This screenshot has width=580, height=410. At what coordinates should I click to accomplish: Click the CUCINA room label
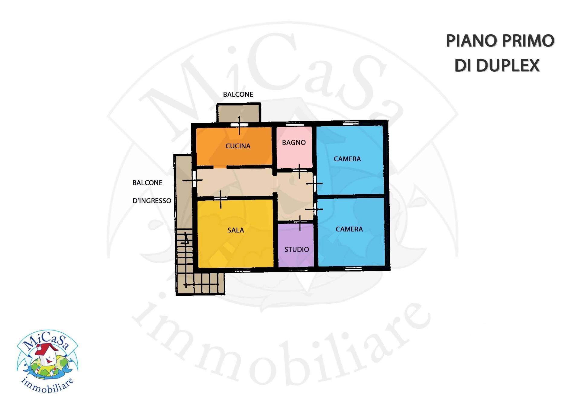point(238,146)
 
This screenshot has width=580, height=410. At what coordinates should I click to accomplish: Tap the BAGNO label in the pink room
point(294,143)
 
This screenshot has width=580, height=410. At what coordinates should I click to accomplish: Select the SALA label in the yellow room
point(236,230)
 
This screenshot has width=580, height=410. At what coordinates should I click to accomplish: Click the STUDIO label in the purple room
point(296,250)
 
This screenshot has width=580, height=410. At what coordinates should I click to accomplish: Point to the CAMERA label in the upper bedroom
point(347,159)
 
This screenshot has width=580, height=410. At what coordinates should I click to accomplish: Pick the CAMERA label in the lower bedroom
point(349,229)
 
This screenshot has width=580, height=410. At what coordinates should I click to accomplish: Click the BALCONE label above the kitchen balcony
point(238,95)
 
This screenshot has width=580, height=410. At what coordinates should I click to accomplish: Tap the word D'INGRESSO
point(152,201)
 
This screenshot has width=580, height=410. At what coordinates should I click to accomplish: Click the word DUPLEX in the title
point(508,66)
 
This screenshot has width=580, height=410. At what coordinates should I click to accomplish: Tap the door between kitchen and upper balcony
point(239,125)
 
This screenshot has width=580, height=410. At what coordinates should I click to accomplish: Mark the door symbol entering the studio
point(300,223)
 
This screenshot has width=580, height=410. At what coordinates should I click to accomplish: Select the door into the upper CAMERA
point(314,183)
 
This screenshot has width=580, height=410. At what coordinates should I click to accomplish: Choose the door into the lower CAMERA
point(314,209)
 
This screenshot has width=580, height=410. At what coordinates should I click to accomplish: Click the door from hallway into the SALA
point(221,199)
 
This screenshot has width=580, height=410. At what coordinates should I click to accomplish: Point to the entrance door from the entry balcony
point(193,180)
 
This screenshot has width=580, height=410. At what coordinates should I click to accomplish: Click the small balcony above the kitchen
point(238,113)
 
